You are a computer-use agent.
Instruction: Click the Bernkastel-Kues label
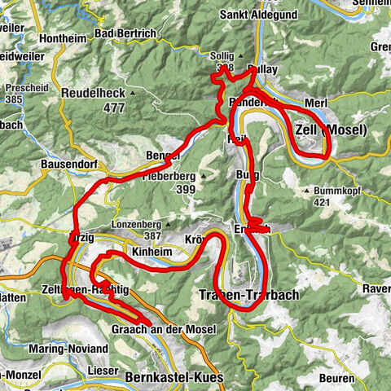coord(170,378)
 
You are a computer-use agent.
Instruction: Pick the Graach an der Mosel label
coord(163,329)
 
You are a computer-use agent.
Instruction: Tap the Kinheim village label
coord(152,253)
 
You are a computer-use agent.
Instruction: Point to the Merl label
coord(314,103)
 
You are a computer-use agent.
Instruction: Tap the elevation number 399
coord(184,189)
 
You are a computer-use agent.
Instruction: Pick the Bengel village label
coord(163,156)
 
